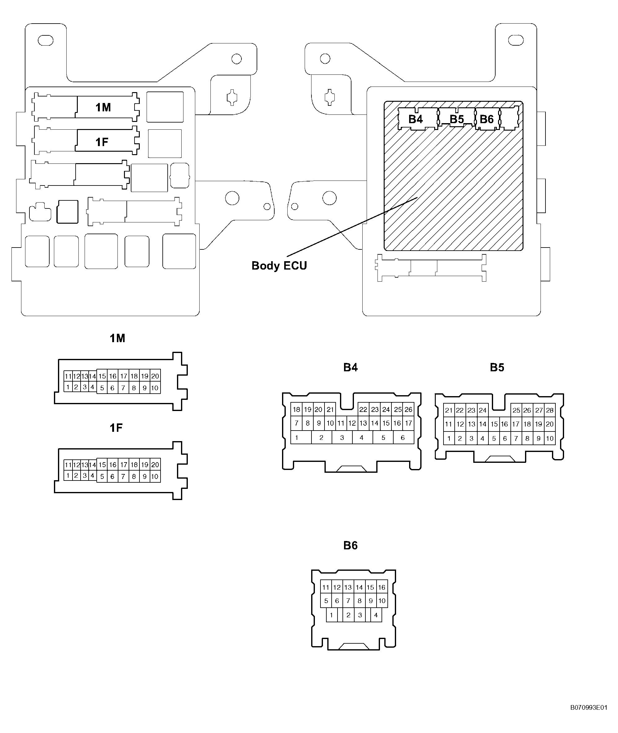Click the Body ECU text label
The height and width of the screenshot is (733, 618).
coord(279,266)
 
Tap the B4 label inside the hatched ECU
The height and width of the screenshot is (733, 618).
coord(416,119)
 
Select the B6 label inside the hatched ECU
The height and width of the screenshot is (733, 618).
coord(487,119)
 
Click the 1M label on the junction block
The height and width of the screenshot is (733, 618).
coord(103,107)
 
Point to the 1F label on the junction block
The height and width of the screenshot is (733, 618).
coord(102,142)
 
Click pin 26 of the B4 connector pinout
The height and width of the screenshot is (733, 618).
coord(408,409)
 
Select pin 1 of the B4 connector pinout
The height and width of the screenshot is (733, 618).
coord(297,437)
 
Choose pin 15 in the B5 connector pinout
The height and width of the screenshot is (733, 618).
coord(494,424)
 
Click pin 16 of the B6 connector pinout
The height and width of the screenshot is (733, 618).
coord(382,587)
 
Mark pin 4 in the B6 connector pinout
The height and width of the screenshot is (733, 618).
coord(376,615)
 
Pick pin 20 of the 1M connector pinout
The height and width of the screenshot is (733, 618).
coord(155,376)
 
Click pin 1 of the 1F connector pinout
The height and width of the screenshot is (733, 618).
coord(68,476)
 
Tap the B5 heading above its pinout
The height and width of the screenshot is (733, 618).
coord(497,367)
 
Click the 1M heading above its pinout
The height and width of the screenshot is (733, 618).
coord(117,338)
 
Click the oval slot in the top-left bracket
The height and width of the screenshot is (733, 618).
coord(46,40)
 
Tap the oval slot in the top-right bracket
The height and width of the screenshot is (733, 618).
coord(516,40)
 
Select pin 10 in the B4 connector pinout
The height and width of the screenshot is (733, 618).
coord(330,423)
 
